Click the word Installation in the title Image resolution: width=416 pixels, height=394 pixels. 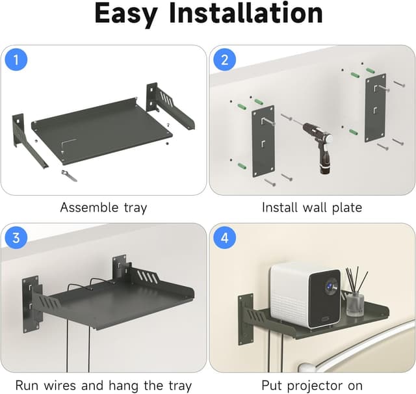[x=257, y=14]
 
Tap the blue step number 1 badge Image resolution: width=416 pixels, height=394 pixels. [x=16, y=60]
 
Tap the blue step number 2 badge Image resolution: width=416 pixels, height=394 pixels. [x=225, y=60]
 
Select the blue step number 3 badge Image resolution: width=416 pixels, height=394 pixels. [x=16, y=238]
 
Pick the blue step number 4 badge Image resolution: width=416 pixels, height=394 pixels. [x=225, y=238]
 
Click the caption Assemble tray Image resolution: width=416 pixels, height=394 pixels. [x=103, y=208]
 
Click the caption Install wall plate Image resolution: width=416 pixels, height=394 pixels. [x=312, y=208]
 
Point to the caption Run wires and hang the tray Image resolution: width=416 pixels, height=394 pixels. [x=103, y=386]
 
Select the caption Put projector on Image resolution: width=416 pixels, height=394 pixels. [x=312, y=386]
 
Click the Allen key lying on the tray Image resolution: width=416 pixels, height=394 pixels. [x=68, y=144]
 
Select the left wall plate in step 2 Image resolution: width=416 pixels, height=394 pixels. [x=263, y=140]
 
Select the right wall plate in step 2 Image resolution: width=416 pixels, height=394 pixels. [x=376, y=107]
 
